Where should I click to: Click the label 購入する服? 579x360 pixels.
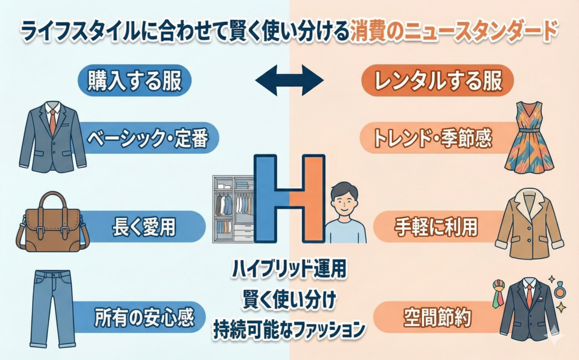pos(135,81)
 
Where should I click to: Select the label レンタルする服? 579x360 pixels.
pos(437,81)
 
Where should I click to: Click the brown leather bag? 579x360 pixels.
pos(53,222)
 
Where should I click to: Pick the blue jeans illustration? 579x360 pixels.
pos(51,307)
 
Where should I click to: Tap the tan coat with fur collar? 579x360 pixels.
pos(529,221)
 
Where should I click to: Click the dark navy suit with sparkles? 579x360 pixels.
pos(529,307)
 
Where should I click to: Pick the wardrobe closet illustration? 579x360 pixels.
pos(232,209)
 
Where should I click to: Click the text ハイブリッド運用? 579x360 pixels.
pos(288,270)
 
